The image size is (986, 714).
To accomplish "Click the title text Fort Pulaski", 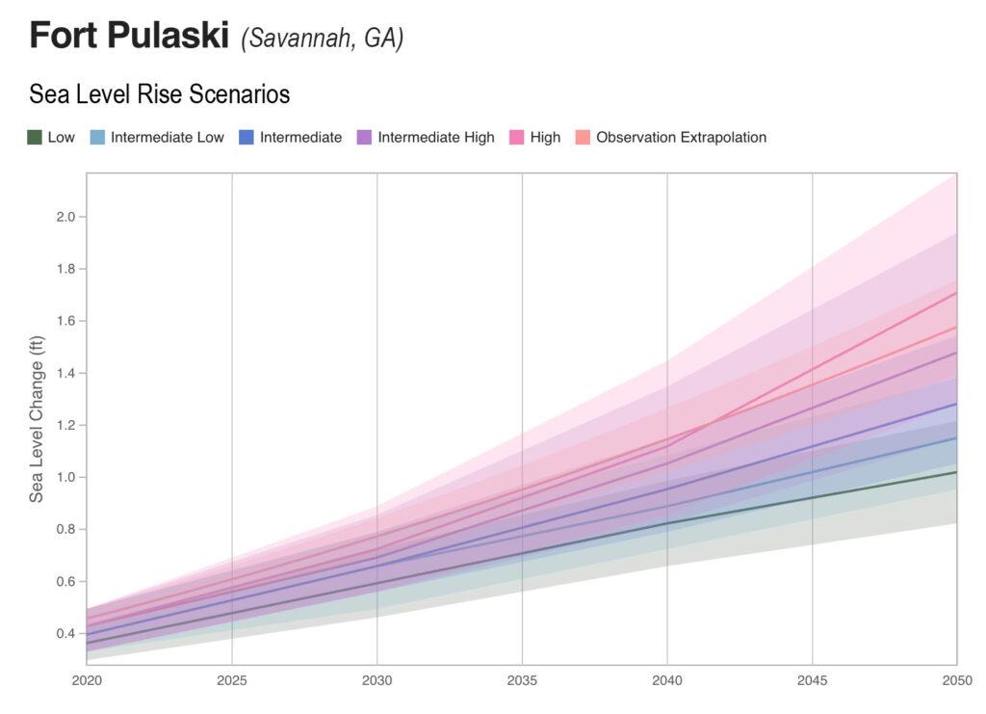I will coord(128,37).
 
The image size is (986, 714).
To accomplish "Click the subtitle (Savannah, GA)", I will coord(323,39).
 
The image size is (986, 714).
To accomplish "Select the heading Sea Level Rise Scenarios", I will coord(159,94).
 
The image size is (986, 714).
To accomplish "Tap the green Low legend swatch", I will coord(35,138).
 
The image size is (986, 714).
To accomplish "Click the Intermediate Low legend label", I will coord(167,138).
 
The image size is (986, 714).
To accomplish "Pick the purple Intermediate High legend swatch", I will coord(365,138).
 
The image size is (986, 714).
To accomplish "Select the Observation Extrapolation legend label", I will coord(681,138).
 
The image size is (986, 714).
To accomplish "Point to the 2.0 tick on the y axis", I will coord(66,217).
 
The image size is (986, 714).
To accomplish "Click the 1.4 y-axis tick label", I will coord(66,373).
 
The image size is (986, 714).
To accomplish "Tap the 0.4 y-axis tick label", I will coord(66,633).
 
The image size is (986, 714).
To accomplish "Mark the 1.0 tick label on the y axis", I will coord(66,477).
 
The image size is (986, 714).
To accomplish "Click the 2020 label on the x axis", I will coord(87,681).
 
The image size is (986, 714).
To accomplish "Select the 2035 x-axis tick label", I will coord(522,681).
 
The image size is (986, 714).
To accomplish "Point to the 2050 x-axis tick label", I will coord(955,681).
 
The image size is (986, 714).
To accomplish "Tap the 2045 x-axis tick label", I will coord(812,681).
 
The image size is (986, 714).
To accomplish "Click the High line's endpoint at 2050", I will coord(955,293).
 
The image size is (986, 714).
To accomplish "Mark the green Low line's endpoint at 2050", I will coord(955,472).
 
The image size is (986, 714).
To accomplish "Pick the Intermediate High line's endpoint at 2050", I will coord(955,353).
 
